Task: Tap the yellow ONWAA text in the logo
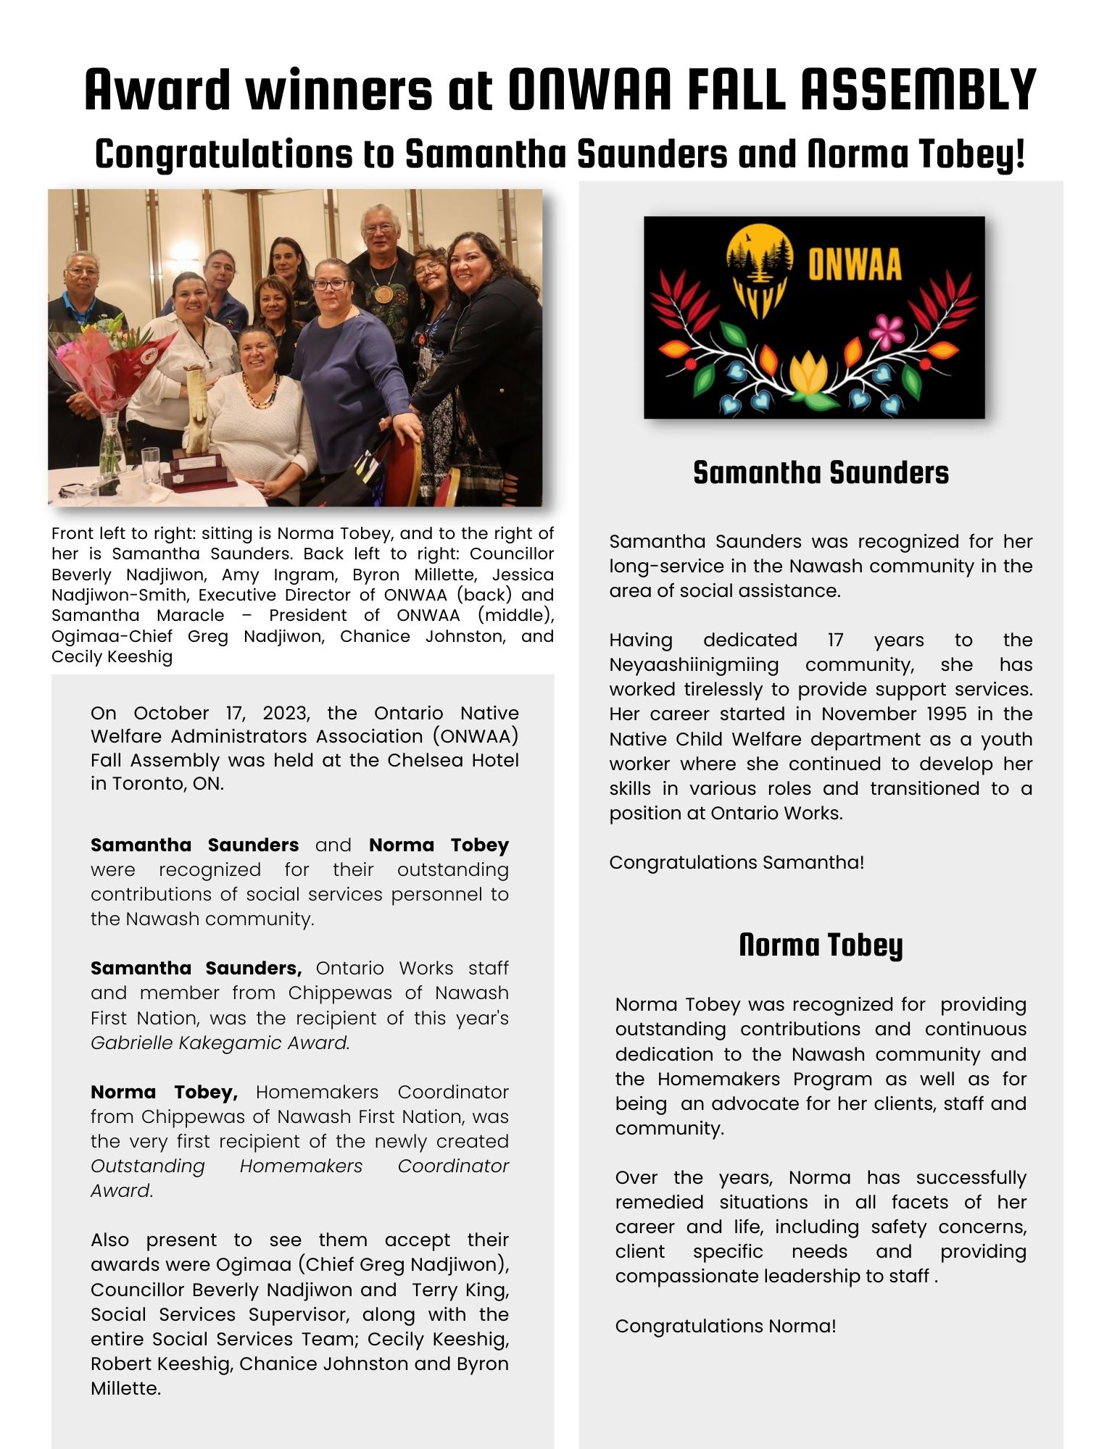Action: pyautogui.click(x=855, y=265)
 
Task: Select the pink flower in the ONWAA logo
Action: pyautogui.click(x=885, y=332)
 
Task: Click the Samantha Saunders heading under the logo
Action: pyautogui.click(x=821, y=472)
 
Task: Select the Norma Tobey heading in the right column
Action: pyautogui.click(x=821, y=945)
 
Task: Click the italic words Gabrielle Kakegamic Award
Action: pyautogui.click(x=220, y=1043)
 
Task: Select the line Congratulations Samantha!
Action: pyautogui.click(x=737, y=862)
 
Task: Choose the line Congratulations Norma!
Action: pyautogui.click(x=726, y=1326)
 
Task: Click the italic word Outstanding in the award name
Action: pyautogui.click(x=148, y=1166)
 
